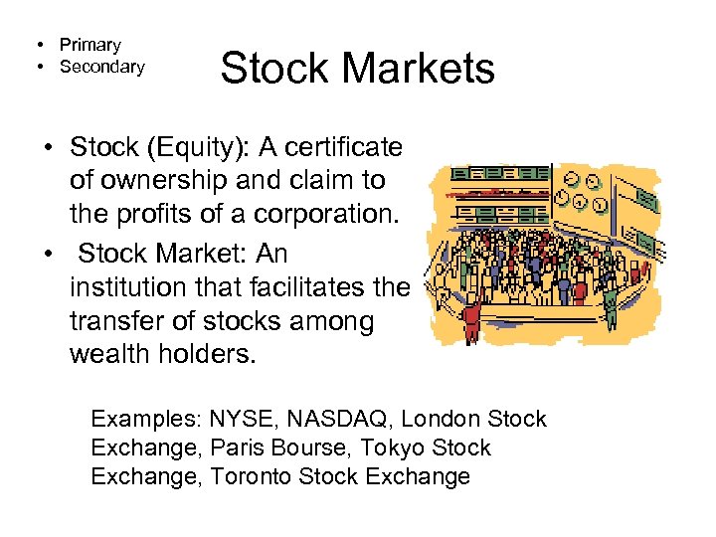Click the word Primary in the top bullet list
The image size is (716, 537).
pyautogui.click(x=90, y=45)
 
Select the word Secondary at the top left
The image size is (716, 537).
pyautogui.click(x=102, y=67)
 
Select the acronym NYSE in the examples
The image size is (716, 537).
pyautogui.click(x=239, y=419)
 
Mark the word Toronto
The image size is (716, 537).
pyautogui.click(x=250, y=476)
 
